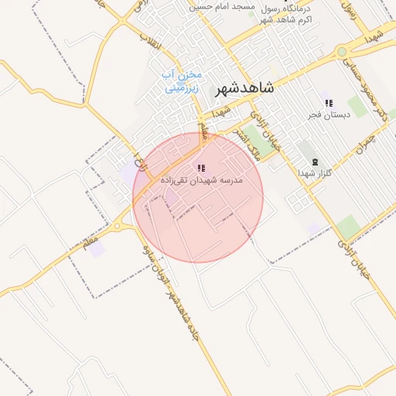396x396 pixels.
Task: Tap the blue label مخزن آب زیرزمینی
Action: (x=182, y=81)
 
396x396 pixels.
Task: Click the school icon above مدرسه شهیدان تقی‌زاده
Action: (x=201, y=168)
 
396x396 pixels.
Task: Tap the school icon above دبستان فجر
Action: (x=329, y=103)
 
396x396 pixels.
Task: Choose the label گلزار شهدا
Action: (x=315, y=173)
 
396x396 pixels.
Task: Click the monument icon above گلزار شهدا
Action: (x=315, y=162)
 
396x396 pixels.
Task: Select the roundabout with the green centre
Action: (x=341, y=52)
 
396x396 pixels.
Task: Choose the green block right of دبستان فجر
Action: (x=357, y=107)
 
